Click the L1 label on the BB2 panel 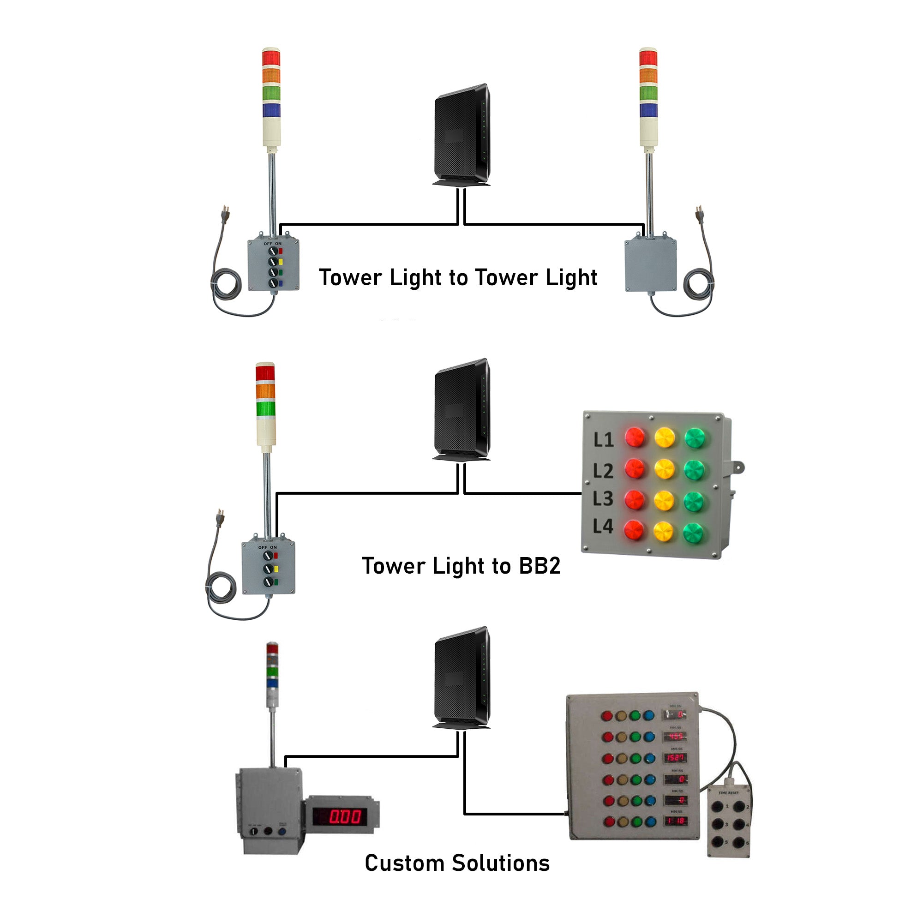[603, 440]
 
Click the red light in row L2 [635, 469]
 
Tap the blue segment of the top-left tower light [271, 110]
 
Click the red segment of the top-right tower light [648, 58]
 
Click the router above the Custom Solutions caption [461, 677]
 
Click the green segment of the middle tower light [265, 409]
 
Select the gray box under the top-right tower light [651, 266]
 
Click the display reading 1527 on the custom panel [675, 758]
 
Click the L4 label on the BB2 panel [603, 527]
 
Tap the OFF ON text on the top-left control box [273, 244]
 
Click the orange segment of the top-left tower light [271, 76]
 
